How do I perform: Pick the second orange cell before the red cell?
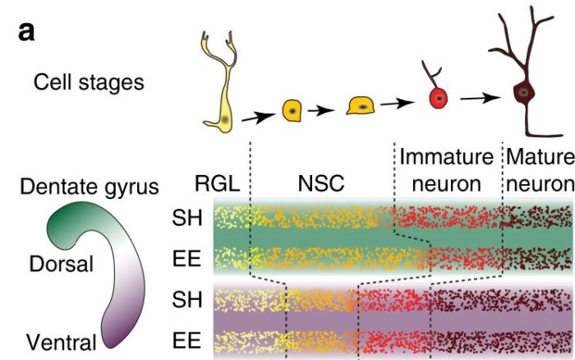(361, 105)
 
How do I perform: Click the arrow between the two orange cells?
(326, 108)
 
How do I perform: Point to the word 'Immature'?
(445, 156)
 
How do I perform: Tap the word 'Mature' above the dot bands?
(539, 156)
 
